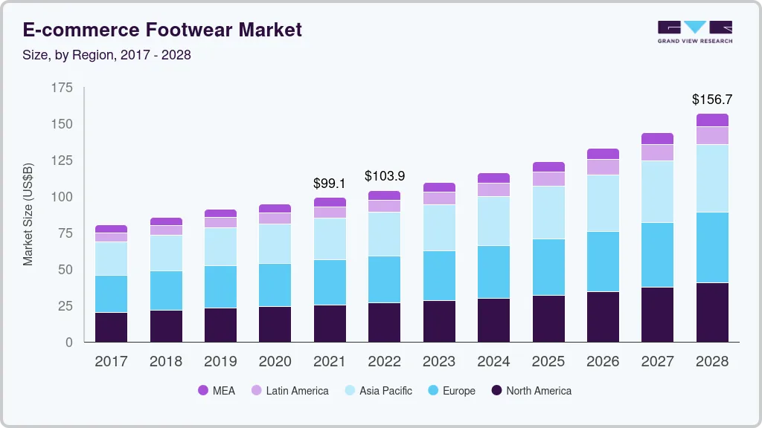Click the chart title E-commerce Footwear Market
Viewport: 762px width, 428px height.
(x=162, y=30)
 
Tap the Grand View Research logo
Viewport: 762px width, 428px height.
(x=694, y=31)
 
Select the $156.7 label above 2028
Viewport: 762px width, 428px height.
(x=712, y=99)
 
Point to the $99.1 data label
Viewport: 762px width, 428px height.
(x=330, y=182)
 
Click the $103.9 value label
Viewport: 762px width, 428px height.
(x=384, y=176)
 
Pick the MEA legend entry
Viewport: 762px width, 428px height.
(x=217, y=390)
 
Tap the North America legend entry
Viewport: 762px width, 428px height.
(x=531, y=390)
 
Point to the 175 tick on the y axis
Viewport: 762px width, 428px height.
(x=63, y=88)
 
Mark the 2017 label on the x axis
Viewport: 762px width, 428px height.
(x=111, y=362)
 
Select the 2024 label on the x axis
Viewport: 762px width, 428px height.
(x=493, y=362)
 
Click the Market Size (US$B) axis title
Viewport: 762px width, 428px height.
(x=28, y=215)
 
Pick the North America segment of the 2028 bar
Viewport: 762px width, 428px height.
(x=712, y=312)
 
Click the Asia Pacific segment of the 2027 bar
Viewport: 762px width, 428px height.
(x=657, y=192)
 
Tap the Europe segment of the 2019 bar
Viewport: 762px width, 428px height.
(x=220, y=287)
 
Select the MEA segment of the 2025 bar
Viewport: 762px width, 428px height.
(x=548, y=166)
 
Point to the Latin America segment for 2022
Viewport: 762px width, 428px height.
(x=384, y=206)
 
